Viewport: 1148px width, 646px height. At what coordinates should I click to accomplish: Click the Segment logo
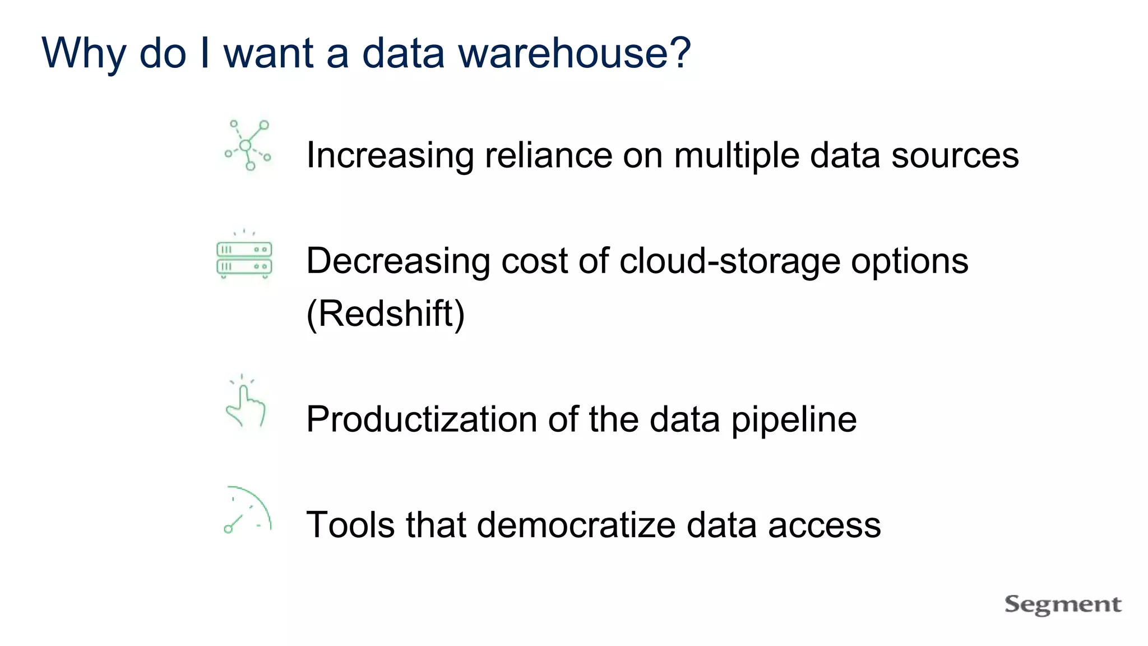(1063, 605)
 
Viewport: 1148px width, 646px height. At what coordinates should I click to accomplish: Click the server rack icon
(244, 257)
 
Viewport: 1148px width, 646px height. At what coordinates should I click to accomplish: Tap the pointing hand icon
(245, 404)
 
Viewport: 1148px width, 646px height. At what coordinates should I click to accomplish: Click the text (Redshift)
(386, 313)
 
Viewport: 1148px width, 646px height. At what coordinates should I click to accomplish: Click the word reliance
(549, 155)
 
